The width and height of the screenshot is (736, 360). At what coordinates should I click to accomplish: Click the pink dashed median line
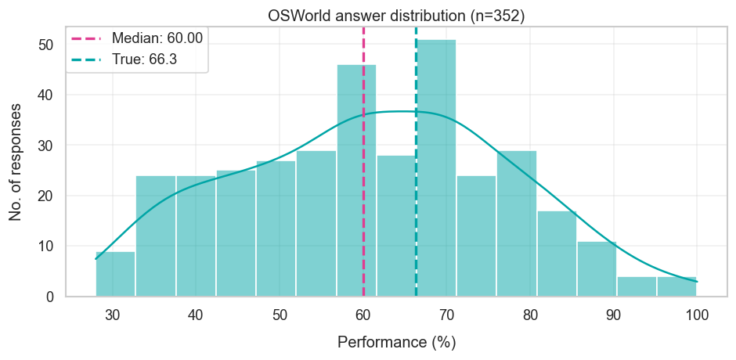[363, 196]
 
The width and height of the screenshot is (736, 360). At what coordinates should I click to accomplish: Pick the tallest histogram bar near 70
[436, 168]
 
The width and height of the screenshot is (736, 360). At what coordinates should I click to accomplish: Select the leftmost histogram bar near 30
[115, 274]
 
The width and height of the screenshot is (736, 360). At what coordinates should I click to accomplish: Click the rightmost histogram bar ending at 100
[676, 286]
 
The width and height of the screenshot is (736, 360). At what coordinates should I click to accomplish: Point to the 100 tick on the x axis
[697, 315]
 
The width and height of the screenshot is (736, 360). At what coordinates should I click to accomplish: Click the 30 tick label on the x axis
[112, 315]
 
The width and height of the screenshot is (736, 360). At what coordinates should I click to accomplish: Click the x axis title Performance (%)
[396, 343]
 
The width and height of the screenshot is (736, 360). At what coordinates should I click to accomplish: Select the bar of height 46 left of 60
[356, 180]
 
